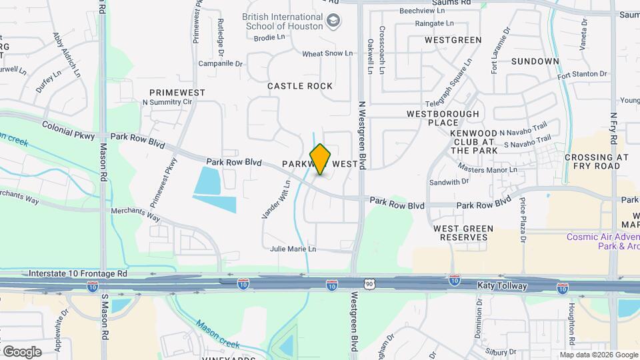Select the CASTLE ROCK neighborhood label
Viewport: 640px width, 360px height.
click(299, 86)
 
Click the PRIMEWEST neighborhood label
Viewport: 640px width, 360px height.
click(177, 92)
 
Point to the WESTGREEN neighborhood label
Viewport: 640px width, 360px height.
click(453, 40)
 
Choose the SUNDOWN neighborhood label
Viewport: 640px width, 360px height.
click(535, 61)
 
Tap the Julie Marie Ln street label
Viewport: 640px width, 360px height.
click(293, 249)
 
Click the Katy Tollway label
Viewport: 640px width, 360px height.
click(502, 286)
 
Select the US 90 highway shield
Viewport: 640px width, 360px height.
click(369, 285)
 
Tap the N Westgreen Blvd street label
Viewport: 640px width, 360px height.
click(363, 133)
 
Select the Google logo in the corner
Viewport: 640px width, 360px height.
click(21, 351)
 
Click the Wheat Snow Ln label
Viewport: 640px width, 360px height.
click(327, 53)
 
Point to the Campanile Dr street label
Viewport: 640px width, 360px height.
click(221, 64)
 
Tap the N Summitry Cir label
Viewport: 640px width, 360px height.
click(167, 103)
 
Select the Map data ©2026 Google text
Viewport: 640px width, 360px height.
click(598, 355)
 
